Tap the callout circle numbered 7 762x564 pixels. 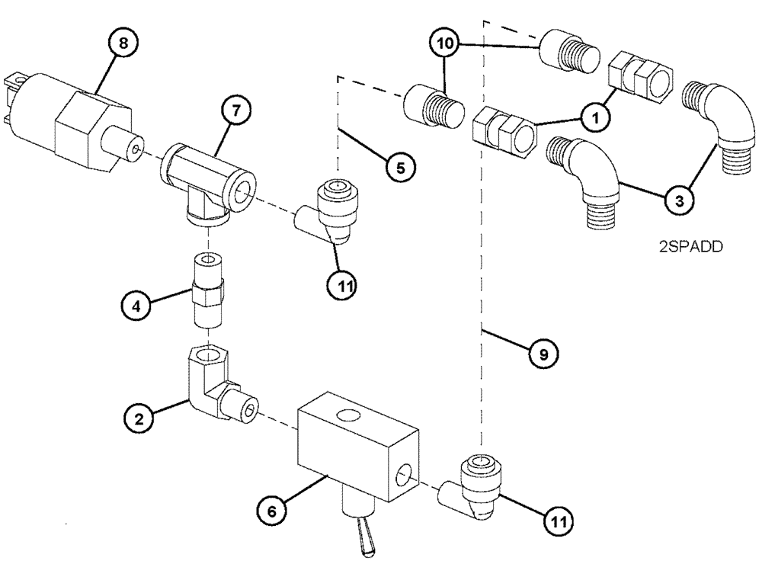click(x=235, y=111)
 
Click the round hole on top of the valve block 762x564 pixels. click(x=349, y=416)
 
